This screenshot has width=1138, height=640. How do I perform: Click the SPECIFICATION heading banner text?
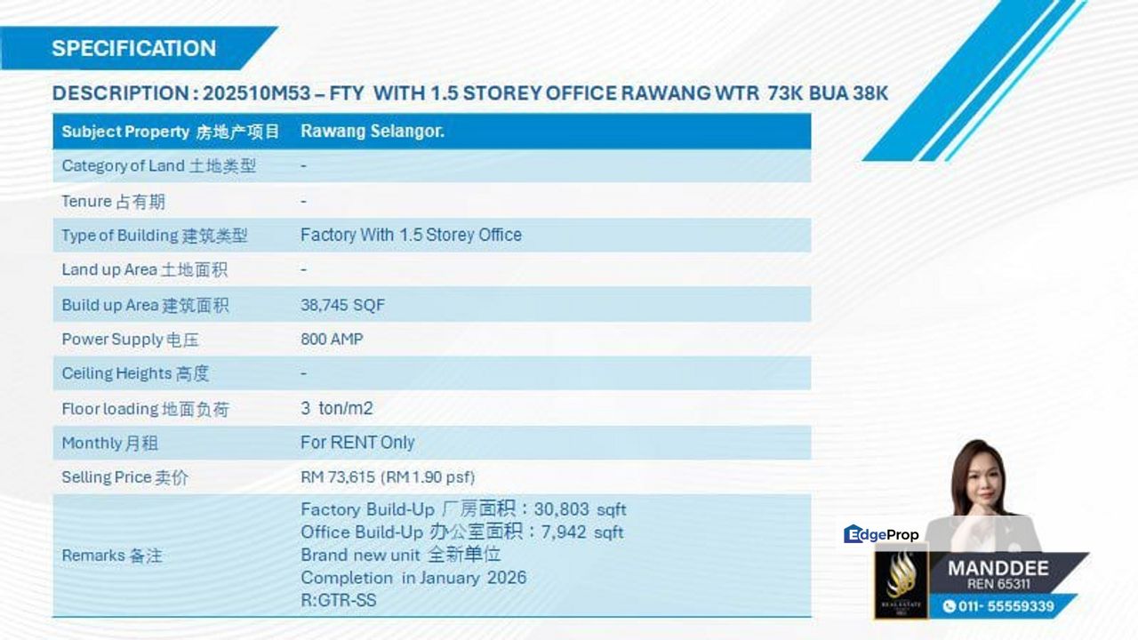(x=134, y=48)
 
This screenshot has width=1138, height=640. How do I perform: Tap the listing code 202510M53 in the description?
(x=257, y=93)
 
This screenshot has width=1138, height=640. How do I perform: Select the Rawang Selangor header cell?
(x=373, y=131)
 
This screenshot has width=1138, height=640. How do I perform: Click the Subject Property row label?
(x=171, y=132)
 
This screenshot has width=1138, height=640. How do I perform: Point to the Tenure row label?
(x=113, y=202)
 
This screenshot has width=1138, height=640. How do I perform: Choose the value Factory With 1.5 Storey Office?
(x=411, y=235)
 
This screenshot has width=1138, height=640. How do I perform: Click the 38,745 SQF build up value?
(x=342, y=305)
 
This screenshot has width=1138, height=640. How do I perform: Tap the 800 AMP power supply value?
(x=332, y=339)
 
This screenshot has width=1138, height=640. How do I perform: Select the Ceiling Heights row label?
(x=135, y=373)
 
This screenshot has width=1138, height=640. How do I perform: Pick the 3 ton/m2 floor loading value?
(x=337, y=408)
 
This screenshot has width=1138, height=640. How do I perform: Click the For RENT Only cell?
(x=357, y=443)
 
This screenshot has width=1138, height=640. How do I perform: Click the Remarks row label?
(x=112, y=556)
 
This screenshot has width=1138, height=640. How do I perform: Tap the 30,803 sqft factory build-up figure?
(x=581, y=509)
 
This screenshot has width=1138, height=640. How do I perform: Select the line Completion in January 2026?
(x=413, y=578)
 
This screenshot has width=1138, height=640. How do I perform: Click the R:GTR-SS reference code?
(x=339, y=600)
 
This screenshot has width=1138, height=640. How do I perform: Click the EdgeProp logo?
(x=881, y=534)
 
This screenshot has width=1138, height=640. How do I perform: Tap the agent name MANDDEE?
(x=998, y=568)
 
